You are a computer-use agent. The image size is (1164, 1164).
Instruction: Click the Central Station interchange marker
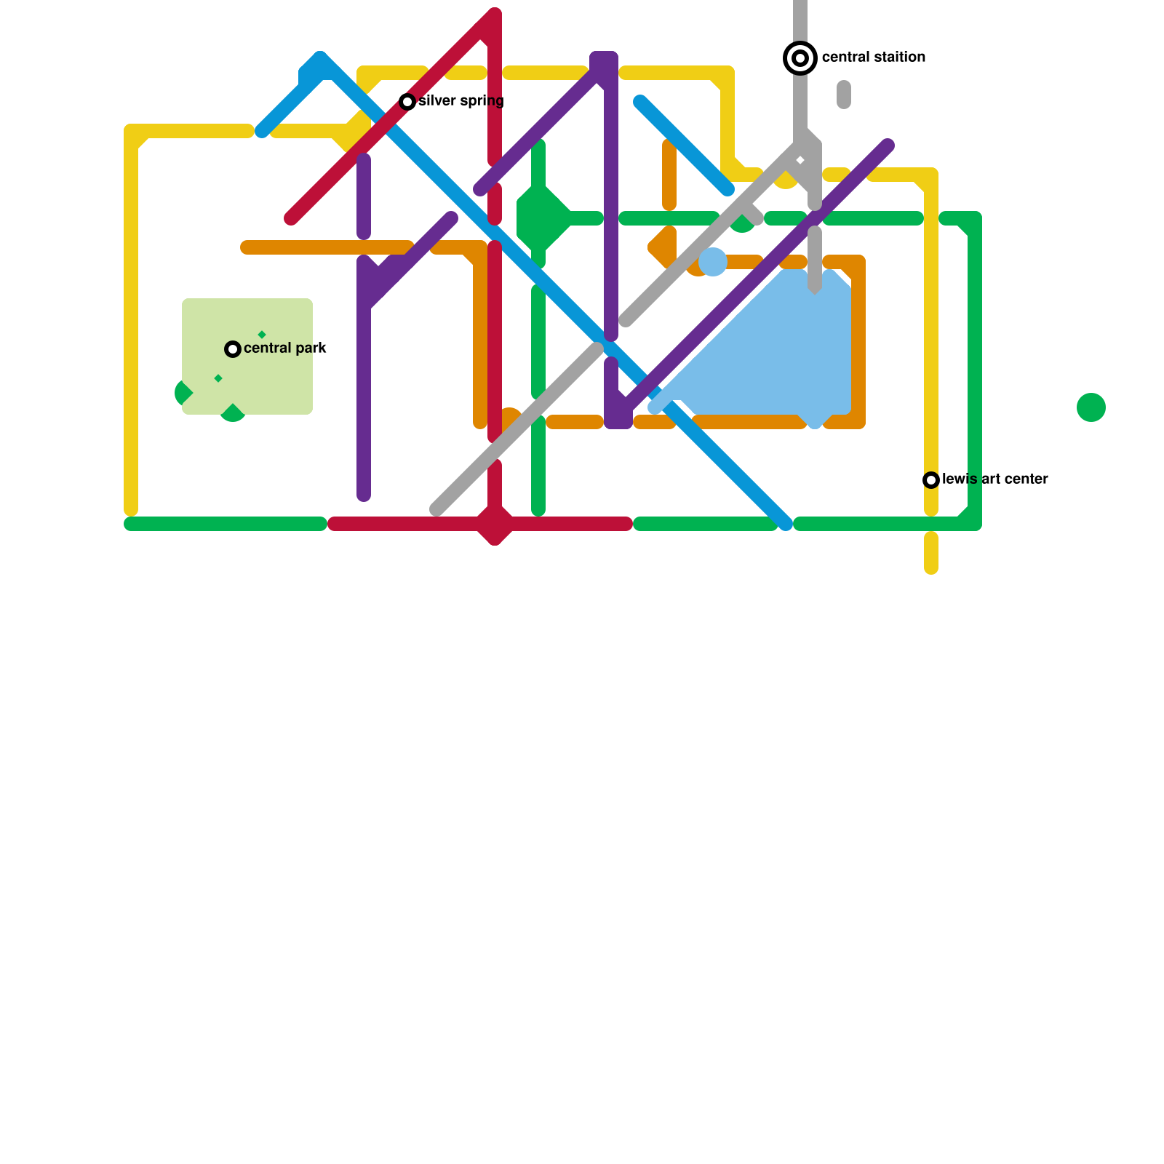click(800, 58)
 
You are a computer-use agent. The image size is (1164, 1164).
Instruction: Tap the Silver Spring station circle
click(407, 102)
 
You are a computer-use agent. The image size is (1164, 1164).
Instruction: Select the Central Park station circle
click(233, 349)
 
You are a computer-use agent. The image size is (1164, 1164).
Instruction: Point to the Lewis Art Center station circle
click(931, 480)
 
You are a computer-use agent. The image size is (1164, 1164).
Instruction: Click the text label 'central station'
click(873, 57)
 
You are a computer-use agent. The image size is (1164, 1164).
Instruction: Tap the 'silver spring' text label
click(461, 101)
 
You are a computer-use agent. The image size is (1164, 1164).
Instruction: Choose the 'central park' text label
click(285, 348)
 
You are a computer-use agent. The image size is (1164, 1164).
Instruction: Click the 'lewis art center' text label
click(994, 479)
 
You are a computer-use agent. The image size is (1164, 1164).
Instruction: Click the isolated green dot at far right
click(1091, 407)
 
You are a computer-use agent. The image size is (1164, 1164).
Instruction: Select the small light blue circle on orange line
click(713, 262)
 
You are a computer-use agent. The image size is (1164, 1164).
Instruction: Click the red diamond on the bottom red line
click(495, 524)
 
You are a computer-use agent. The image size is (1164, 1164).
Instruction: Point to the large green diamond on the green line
click(541, 218)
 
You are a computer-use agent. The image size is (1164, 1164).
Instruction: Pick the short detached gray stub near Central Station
click(844, 95)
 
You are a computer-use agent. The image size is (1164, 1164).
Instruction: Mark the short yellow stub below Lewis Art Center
click(931, 553)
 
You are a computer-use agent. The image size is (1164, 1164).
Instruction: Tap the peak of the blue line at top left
click(320, 60)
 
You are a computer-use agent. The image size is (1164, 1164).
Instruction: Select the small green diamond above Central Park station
click(262, 335)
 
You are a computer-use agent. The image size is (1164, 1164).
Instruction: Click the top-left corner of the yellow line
click(132, 132)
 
